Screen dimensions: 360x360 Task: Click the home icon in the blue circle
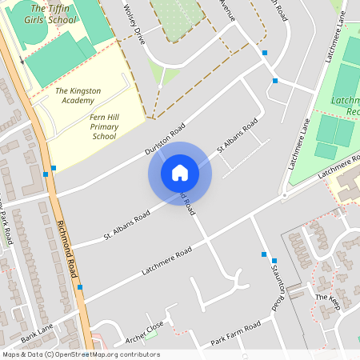point(180,173)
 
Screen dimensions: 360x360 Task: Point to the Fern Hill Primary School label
point(103,126)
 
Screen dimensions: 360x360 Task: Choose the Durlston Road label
point(166,140)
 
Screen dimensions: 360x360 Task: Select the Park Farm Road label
point(236,334)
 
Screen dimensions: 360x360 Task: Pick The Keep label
point(327,298)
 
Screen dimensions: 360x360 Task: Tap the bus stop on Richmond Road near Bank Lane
point(80,286)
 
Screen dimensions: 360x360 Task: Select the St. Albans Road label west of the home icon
point(126,227)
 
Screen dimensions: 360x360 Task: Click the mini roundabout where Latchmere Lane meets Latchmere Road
point(284,195)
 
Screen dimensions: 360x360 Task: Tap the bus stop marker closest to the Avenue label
point(265,54)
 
